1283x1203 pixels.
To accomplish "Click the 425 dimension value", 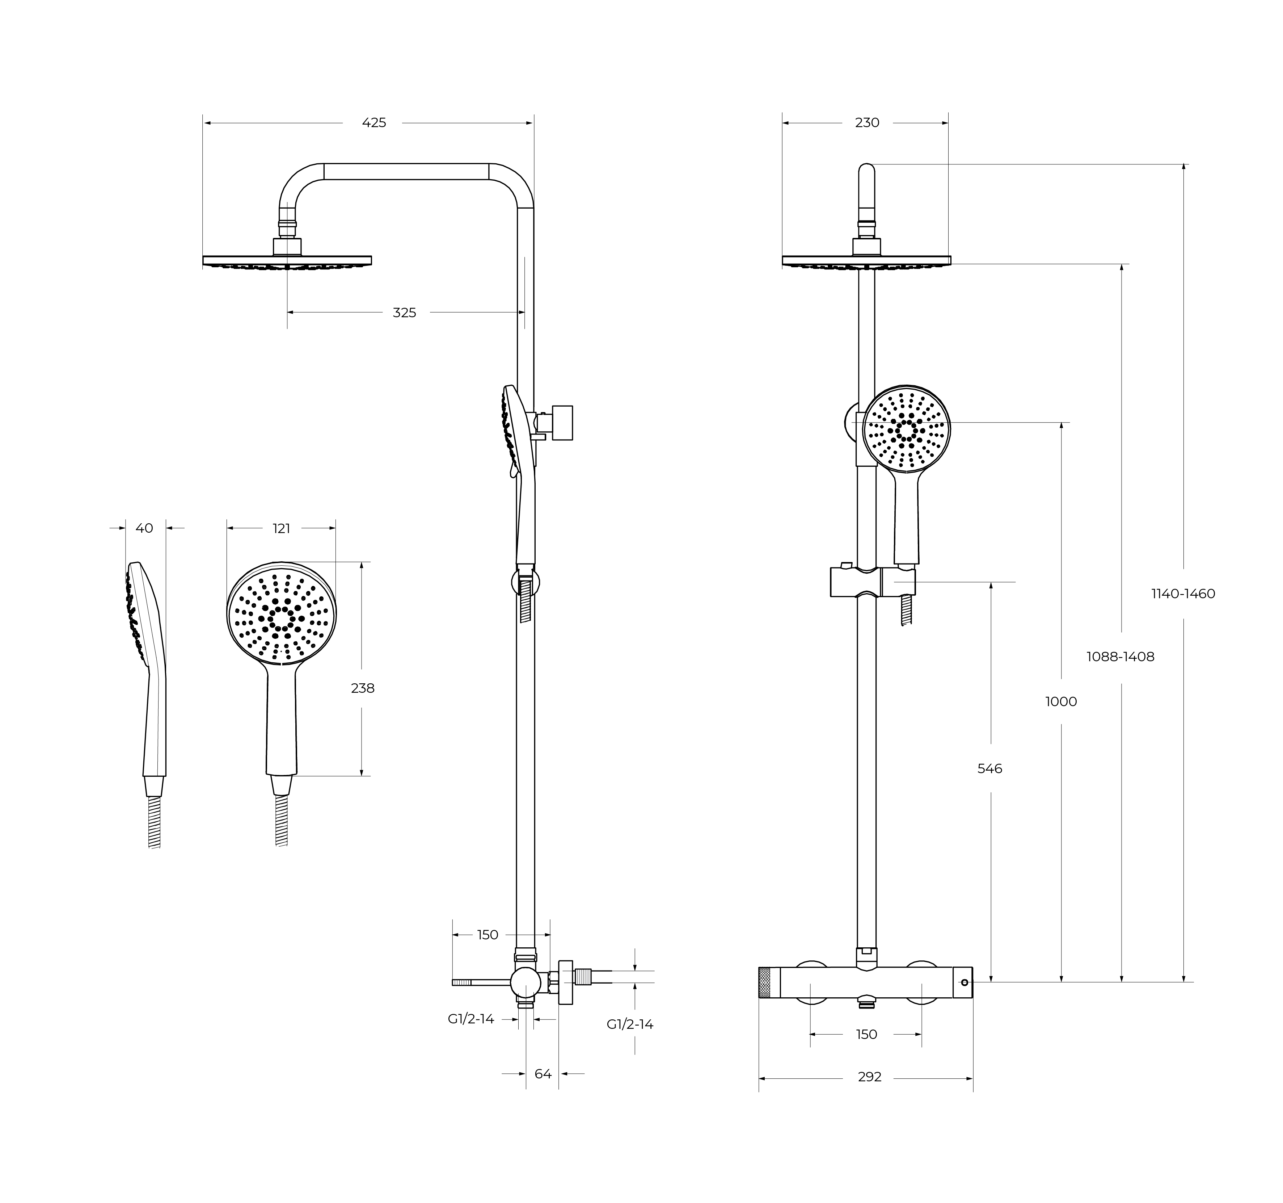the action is (373, 123).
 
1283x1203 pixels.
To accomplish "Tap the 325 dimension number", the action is (405, 313).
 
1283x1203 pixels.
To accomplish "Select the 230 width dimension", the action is (867, 123).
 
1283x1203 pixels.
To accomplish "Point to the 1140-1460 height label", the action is (1183, 594).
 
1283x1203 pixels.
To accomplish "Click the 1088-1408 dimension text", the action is (1120, 657).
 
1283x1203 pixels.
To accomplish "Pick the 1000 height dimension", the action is (1061, 701).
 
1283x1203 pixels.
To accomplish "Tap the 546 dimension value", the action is (989, 768).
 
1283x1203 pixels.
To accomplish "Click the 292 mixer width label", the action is (869, 1077).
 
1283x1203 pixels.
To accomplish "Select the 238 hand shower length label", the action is (363, 688).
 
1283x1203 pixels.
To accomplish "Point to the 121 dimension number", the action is (281, 529).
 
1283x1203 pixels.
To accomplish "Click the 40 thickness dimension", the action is (144, 528).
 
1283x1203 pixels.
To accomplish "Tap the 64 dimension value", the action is (543, 1074).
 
